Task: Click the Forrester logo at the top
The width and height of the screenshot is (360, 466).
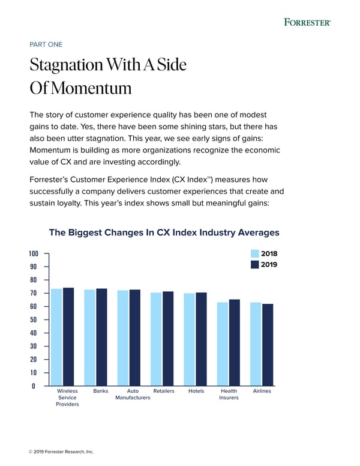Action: [307, 22]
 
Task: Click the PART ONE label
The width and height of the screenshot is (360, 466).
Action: [46, 44]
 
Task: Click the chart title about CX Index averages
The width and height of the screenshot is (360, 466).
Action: [164, 232]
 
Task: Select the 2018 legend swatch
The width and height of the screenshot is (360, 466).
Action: [255, 253]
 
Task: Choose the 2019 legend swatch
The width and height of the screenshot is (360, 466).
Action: [255, 265]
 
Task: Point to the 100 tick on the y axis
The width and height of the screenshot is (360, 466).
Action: [34, 253]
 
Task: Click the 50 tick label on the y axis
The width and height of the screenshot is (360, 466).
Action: [34, 319]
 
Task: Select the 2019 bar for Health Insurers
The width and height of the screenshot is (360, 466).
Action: [235, 342]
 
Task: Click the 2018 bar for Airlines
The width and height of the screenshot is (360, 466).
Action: [256, 343]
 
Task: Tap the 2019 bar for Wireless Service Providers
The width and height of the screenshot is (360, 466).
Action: [69, 336]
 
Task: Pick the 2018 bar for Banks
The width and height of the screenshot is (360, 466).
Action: [90, 337]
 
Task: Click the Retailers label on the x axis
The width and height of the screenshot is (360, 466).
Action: [164, 391]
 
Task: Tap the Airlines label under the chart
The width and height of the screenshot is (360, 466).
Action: [262, 391]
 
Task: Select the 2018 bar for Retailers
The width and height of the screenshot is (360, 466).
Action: [156, 339]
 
